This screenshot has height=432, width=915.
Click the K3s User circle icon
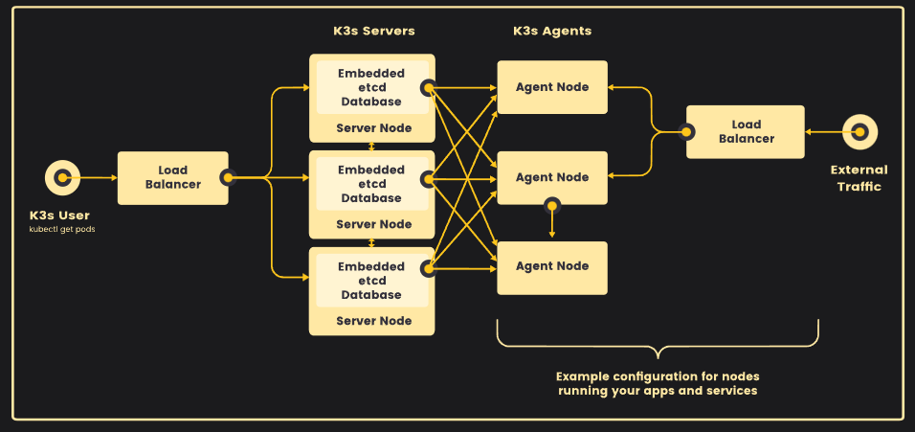point(62,177)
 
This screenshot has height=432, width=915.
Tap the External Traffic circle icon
point(859,131)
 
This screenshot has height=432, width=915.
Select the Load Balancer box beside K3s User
point(172,177)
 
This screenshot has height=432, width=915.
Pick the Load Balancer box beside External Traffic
point(746,131)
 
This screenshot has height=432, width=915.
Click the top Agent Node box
point(552,87)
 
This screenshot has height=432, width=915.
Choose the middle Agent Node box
point(552,177)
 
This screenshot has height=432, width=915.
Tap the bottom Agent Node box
point(552,266)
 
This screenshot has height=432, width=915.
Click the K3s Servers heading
point(374,31)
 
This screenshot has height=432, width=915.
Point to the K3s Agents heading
point(552,31)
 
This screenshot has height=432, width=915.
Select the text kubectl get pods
point(62,230)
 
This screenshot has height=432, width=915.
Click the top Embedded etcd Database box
point(372,87)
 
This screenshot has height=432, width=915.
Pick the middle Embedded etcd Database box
point(372,184)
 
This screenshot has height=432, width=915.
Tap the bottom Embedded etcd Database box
point(372,281)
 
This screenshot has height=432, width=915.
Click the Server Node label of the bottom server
point(374,321)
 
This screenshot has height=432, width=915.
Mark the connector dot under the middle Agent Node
point(551,205)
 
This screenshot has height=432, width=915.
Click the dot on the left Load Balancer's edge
point(228,177)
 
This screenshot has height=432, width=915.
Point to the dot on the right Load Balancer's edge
point(687,131)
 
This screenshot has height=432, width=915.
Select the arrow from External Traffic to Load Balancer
point(824,131)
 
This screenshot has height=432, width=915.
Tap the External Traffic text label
point(859,178)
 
